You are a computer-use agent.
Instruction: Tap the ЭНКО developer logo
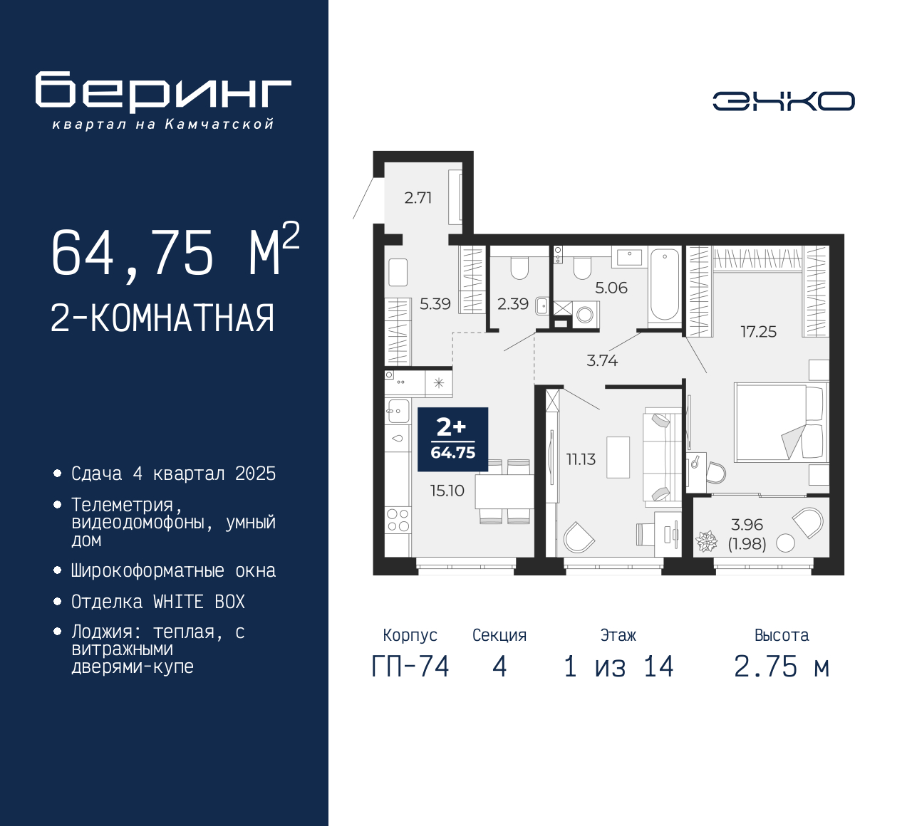783,101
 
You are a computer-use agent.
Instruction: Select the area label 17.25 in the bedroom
758,332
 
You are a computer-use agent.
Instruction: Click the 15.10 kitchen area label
447,491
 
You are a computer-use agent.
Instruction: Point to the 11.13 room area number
581,459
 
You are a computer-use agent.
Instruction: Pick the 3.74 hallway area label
602,361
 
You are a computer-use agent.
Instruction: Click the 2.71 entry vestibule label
418,198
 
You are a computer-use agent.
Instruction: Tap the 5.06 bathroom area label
611,288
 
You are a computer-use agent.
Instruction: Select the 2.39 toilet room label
513,304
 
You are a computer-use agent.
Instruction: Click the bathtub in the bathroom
665,286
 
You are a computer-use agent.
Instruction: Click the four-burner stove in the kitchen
398,521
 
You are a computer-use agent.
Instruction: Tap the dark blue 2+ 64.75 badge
453,439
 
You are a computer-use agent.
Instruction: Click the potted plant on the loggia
706,541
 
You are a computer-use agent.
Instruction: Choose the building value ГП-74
410,667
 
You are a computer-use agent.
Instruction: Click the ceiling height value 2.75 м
782,667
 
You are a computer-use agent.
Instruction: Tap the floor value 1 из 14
618,667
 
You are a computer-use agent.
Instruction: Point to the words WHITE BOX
199,602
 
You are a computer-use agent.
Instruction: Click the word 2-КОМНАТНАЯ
162,318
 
